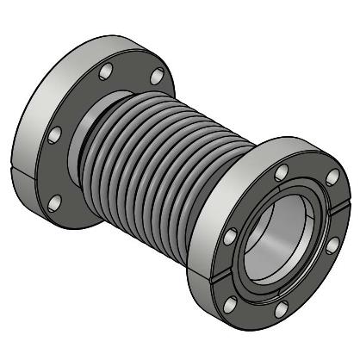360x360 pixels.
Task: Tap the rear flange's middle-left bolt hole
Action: (x=56, y=135)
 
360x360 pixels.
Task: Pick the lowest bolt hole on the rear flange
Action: (x=56, y=202)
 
